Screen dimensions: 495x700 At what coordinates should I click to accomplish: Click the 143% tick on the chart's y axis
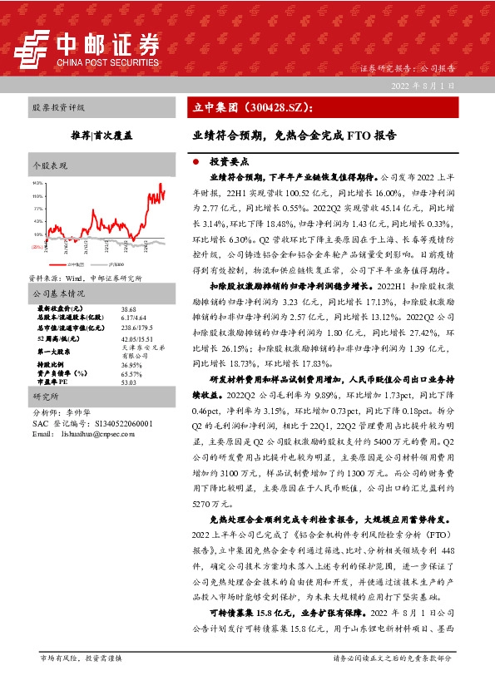pos(37,182)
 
